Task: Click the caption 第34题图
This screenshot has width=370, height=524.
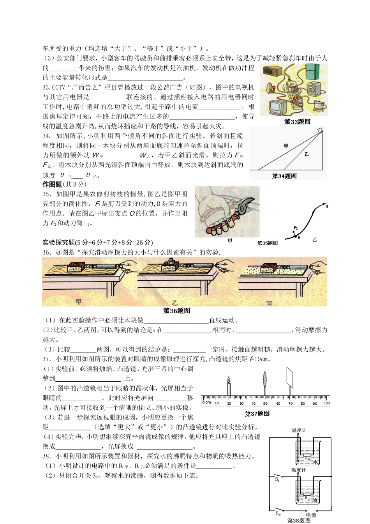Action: tap(284, 176)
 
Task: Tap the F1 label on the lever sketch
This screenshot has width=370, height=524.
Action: tap(296, 228)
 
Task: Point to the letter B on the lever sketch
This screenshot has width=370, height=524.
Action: tap(327, 206)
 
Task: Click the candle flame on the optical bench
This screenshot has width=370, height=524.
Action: tap(229, 379)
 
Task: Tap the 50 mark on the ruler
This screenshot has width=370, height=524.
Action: tap(265, 404)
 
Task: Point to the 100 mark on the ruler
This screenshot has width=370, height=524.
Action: tap(326, 404)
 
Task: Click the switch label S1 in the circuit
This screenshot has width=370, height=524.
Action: tap(277, 480)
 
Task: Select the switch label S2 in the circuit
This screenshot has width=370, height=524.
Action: tap(278, 514)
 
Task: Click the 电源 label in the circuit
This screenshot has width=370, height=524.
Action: tap(311, 515)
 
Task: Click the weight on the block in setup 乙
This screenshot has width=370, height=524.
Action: tap(170, 262)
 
